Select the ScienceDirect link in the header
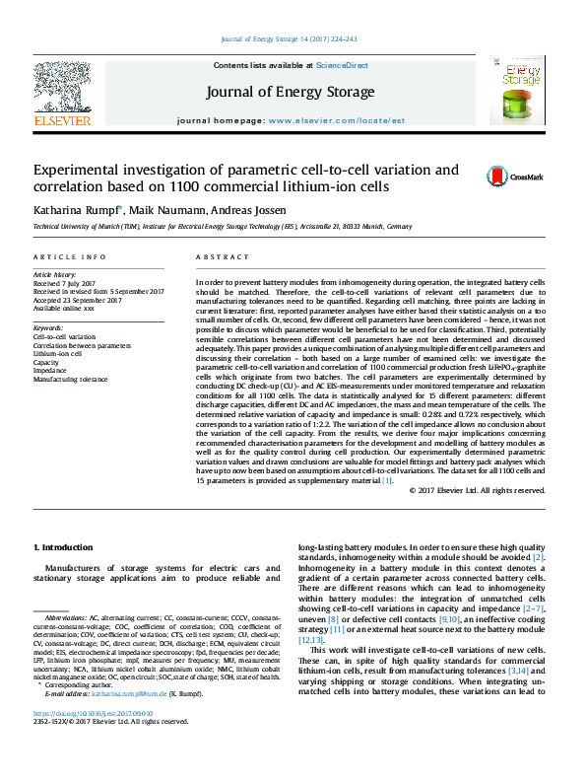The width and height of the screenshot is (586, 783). [342, 65]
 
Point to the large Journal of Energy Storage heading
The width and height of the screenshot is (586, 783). [290, 93]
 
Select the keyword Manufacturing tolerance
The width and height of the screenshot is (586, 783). [70, 379]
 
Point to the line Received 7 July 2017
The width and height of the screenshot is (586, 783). [67, 283]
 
